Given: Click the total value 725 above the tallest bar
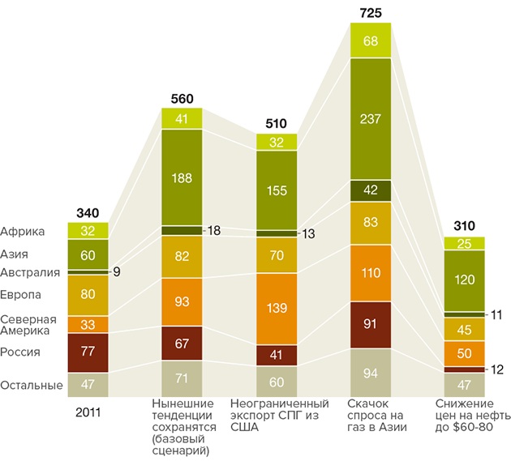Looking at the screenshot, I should pos(371,13).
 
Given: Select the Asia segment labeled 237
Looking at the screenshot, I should pos(371,117).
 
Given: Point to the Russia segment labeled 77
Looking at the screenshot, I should pos(88,352).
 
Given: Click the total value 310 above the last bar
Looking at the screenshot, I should pos(464,226).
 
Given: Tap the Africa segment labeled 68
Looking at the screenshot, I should pos(371,41).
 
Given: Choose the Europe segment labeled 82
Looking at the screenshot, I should pos(182,257).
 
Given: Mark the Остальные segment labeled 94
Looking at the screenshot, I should pos(371,373).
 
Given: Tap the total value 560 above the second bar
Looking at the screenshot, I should pos(182,99).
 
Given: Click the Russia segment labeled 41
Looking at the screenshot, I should pos(277,355).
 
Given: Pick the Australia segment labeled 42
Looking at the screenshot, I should pos(371,190).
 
